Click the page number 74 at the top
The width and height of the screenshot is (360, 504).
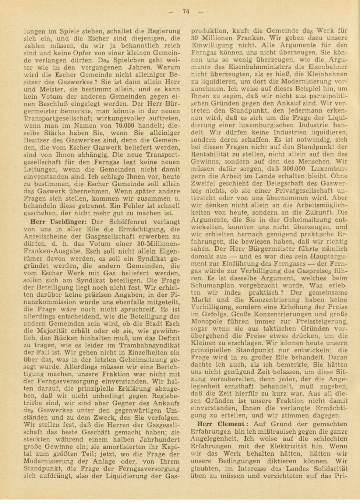coord(185,11)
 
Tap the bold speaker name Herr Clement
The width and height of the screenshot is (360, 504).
coord(220,424)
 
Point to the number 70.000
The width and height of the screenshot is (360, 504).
coord(124,126)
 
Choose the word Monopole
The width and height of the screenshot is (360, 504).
coord(205,321)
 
